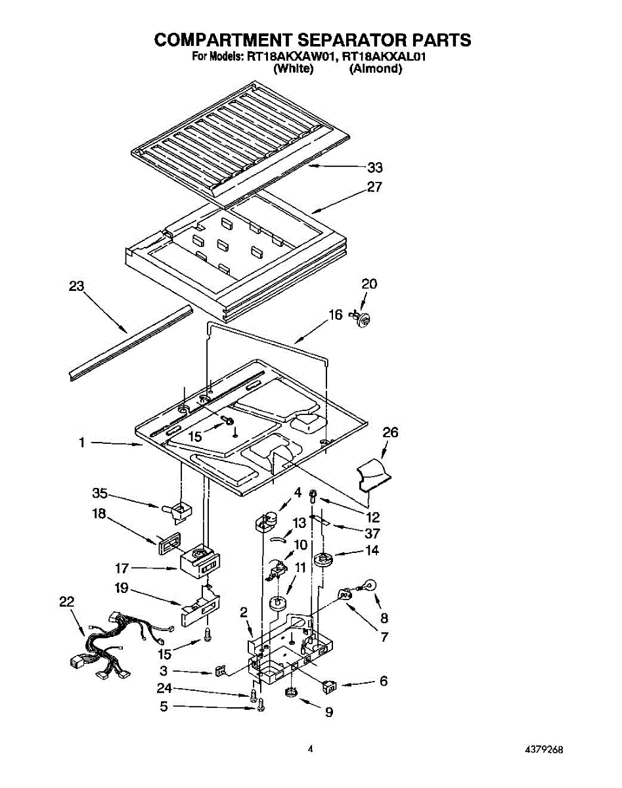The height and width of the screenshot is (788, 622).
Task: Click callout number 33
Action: tap(375, 167)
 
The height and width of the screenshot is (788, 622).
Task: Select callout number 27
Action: tap(374, 187)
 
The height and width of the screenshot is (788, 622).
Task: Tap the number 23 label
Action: tap(78, 286)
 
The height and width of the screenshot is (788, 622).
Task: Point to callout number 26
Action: tap(390, 433)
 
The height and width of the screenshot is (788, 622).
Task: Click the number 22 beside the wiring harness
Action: tap(66, 602)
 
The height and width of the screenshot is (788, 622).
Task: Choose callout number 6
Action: tap(383, 682)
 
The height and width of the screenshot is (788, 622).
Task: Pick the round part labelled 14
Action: tap(322, 560)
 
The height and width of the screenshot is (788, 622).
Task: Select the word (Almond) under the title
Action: tap(375, 68)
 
